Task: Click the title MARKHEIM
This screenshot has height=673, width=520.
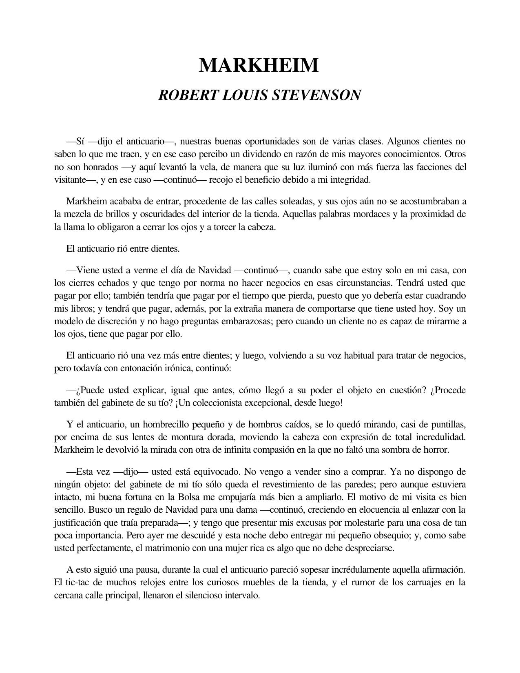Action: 259,65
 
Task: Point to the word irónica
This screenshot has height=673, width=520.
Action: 177,368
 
